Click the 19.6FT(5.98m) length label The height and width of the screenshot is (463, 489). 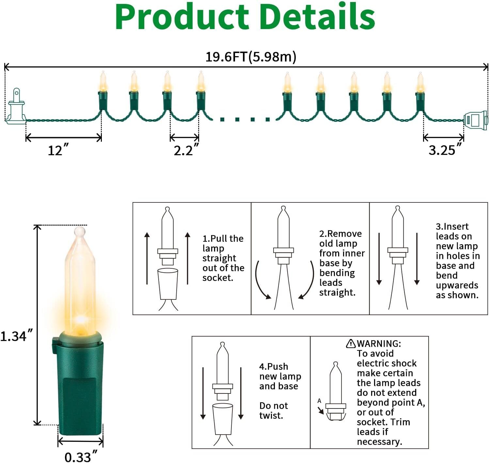click(x=251, y=57)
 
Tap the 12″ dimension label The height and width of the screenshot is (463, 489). click(x=58, y=151)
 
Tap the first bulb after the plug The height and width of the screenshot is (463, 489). click(x=103, y=91)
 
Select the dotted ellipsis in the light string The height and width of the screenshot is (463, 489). click(x=245, y=120)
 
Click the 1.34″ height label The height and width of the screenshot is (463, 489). click(x=16, y=336)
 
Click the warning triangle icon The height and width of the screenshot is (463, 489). click(x=351, y=343)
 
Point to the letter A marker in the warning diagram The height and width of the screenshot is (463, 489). click(x=319, y=401)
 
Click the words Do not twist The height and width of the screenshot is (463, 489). click(x=274, y=410)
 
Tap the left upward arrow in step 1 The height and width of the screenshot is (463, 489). click(x=147, y=258)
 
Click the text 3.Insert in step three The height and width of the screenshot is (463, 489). click(x=452, y=226)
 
